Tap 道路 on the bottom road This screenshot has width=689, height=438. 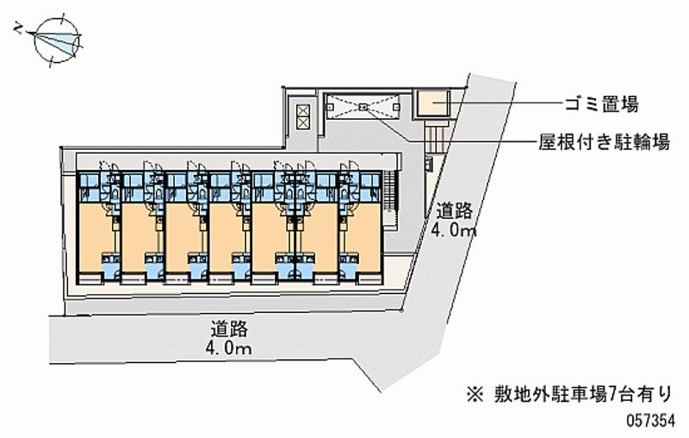tap(229, 328)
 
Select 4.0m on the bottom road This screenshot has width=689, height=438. tap(229, 348)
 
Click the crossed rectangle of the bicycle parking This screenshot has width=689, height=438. tap(363, 108)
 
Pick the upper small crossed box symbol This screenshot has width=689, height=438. tap(302, 109)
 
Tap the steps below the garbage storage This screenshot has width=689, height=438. tap(437, 133)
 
